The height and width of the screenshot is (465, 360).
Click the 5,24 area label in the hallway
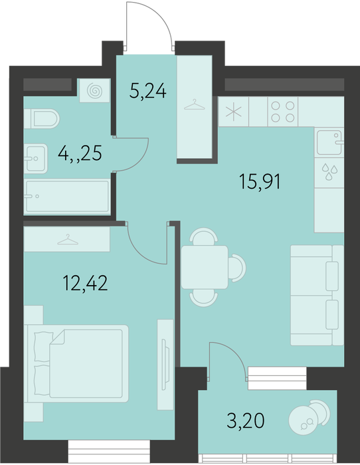click(x=147, y=91)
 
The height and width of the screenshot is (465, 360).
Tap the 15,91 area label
click(x=260, y=181)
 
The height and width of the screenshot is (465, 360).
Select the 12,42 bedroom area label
click(x=85, y=282)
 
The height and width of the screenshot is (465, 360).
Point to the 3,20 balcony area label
click(x=246, y=420)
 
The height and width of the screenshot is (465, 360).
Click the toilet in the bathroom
click(x=42, y=119)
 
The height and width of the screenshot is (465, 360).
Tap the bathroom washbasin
click(x=36, y=159)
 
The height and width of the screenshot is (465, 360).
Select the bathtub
click(x=67, y=197)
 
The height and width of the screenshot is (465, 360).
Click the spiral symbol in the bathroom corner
click(x=94, y=91)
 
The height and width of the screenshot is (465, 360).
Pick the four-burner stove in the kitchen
click(x=283, y=112)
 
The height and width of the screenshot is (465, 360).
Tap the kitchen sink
click(x=329, y=143)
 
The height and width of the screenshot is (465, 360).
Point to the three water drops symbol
click(x=329, y=171)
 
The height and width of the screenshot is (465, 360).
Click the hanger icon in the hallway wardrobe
click(x=195, y=105)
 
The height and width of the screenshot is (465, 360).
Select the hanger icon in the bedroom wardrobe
click(x=68, y=240)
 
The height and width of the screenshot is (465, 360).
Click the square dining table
click(x=205, y=267)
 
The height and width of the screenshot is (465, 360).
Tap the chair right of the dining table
click(x=237, y=268)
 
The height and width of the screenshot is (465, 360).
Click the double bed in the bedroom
click(x=77, y=363)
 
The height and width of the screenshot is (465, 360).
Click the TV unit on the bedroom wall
click(x=165, y=365)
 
